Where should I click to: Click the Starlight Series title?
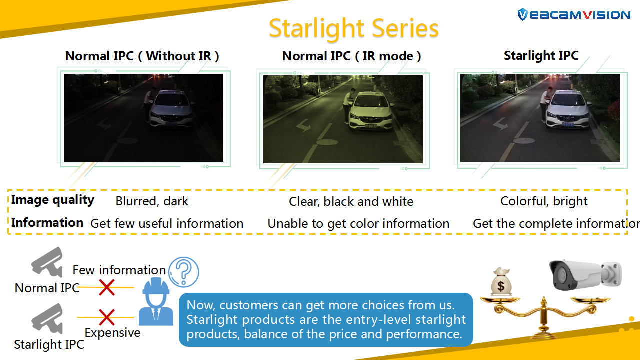[353, 28]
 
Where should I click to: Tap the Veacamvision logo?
[574, 14]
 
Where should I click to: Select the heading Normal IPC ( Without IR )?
[142, 56]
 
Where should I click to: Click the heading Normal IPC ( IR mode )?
[351, 56]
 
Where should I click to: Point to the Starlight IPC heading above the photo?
[541, 55]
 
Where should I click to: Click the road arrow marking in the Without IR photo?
[104, 125]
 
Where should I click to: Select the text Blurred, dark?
[152, 201]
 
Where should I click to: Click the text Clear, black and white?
[351, 201]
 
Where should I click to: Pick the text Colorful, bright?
[544, 201]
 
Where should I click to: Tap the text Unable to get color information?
[358, 223]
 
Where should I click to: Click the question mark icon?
[184, 271]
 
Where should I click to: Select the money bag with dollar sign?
[501, 282]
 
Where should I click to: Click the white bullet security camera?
[585, 276]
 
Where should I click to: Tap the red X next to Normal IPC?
[107, 287]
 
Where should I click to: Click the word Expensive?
[112, 333]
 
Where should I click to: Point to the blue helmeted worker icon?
[156, 301]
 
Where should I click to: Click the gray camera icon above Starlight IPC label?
[47, 318]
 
